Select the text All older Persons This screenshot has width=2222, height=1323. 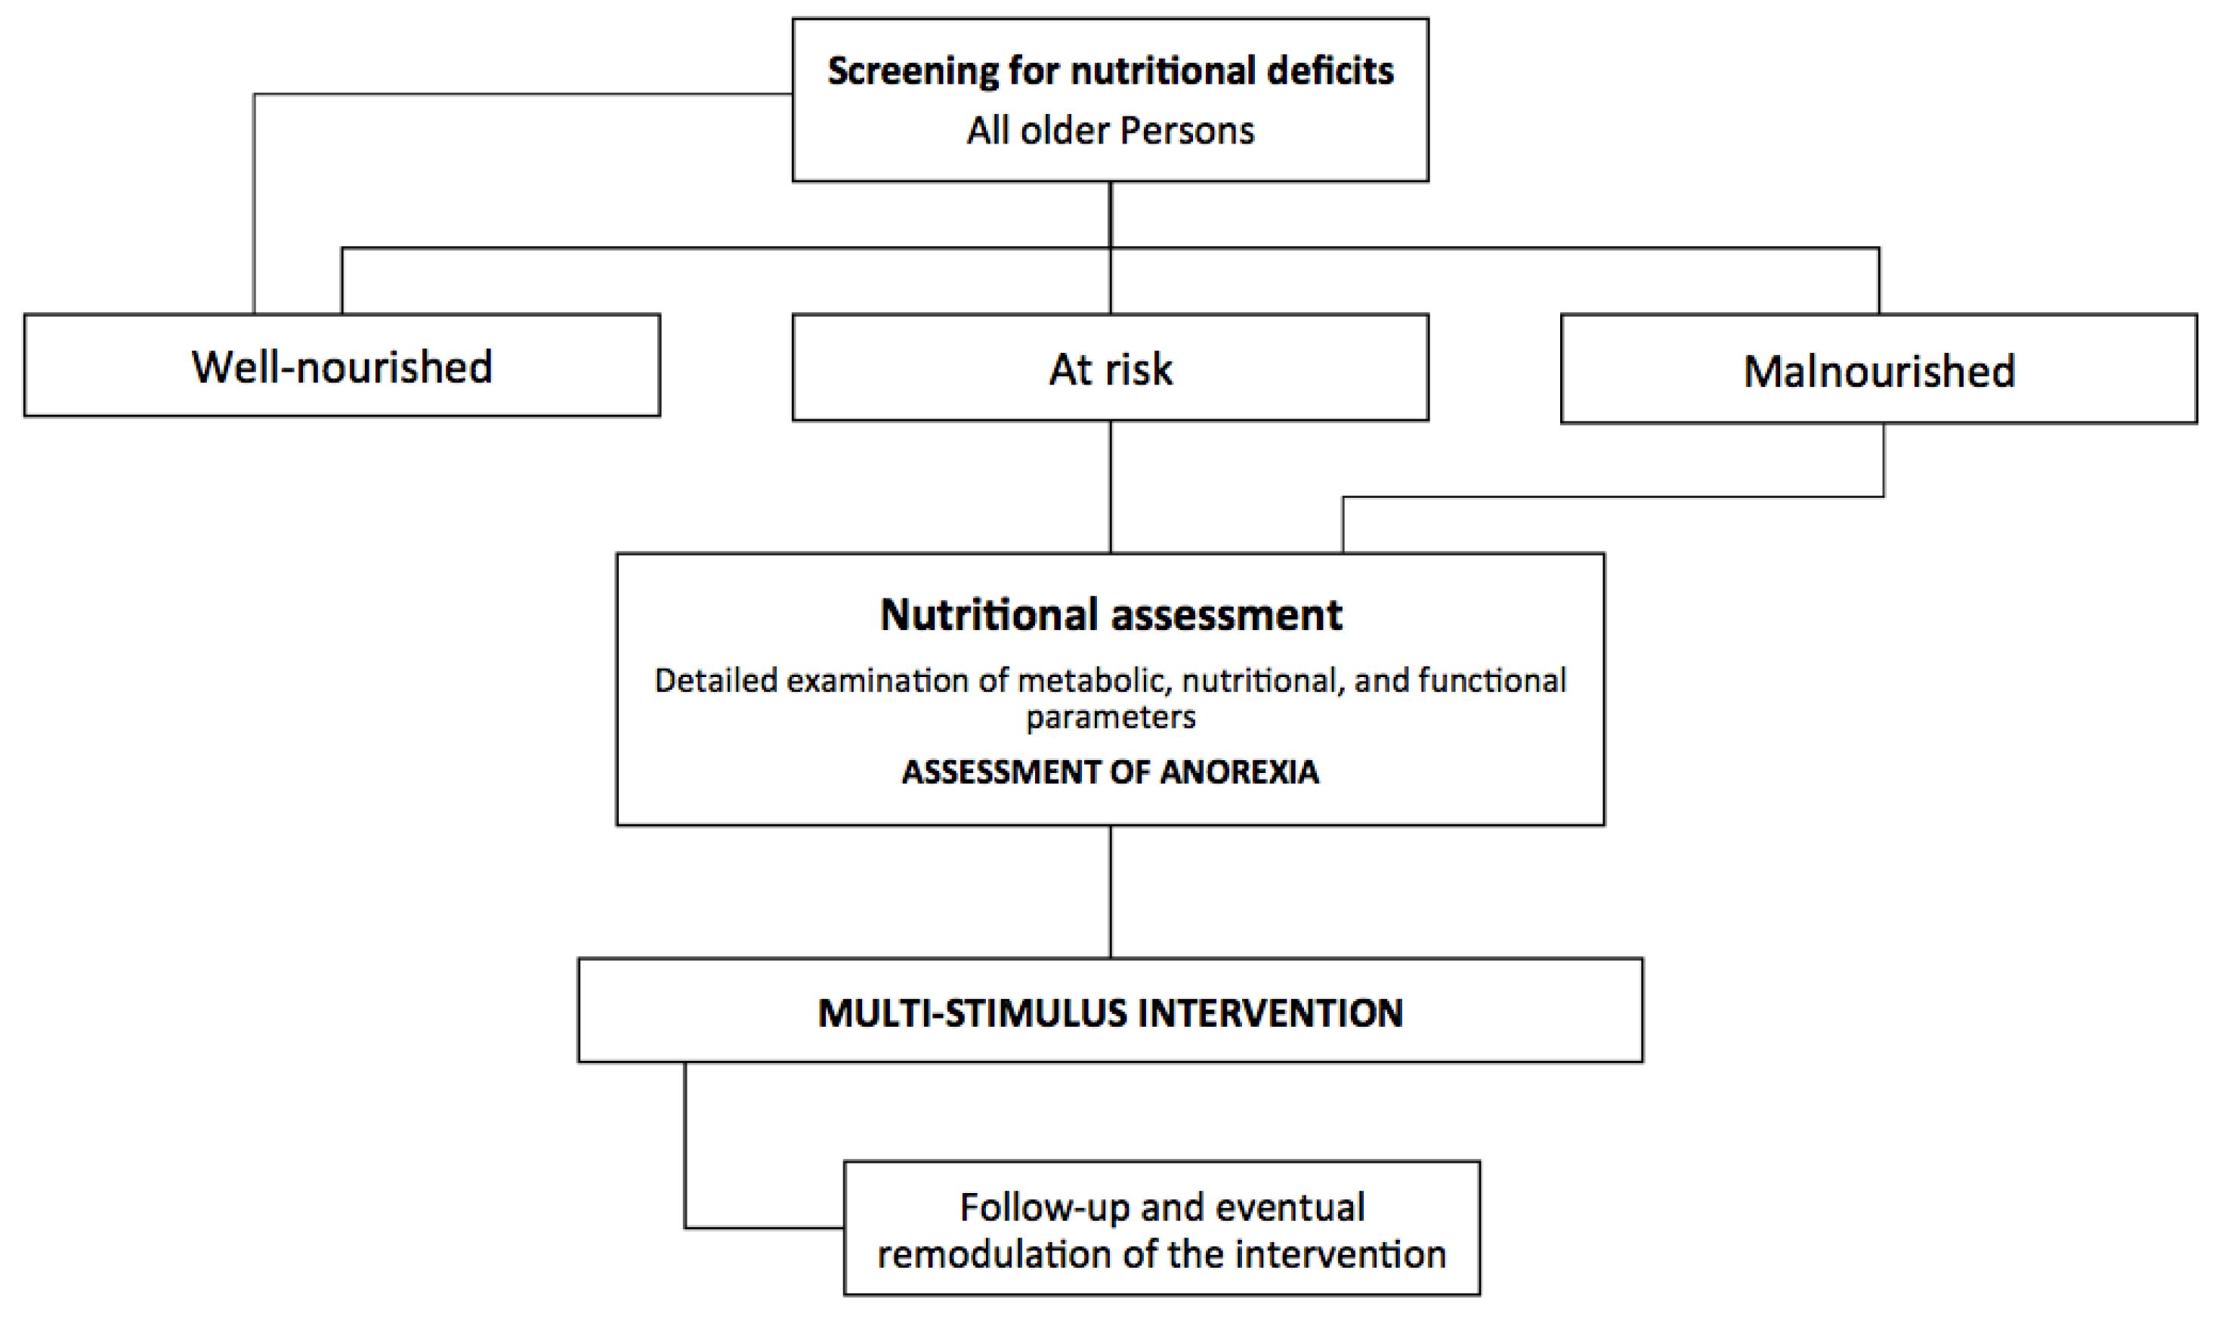click(1110, 131)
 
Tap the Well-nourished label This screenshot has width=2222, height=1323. click(342, 366)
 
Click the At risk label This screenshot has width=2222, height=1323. click(1111, 369)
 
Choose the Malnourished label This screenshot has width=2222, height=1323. click(1879, 371)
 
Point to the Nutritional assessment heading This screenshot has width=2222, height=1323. click(1111, 614)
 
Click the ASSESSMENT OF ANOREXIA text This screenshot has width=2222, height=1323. click(1111, 771)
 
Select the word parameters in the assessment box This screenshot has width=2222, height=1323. click(1111, 718)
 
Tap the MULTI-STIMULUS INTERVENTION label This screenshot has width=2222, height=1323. click(1111, 1012)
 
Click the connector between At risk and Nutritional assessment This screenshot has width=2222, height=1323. click(1111, 486)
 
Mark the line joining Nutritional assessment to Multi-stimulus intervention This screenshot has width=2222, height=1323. click(1111, 892)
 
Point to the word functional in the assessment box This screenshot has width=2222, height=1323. click(1492, 680)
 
